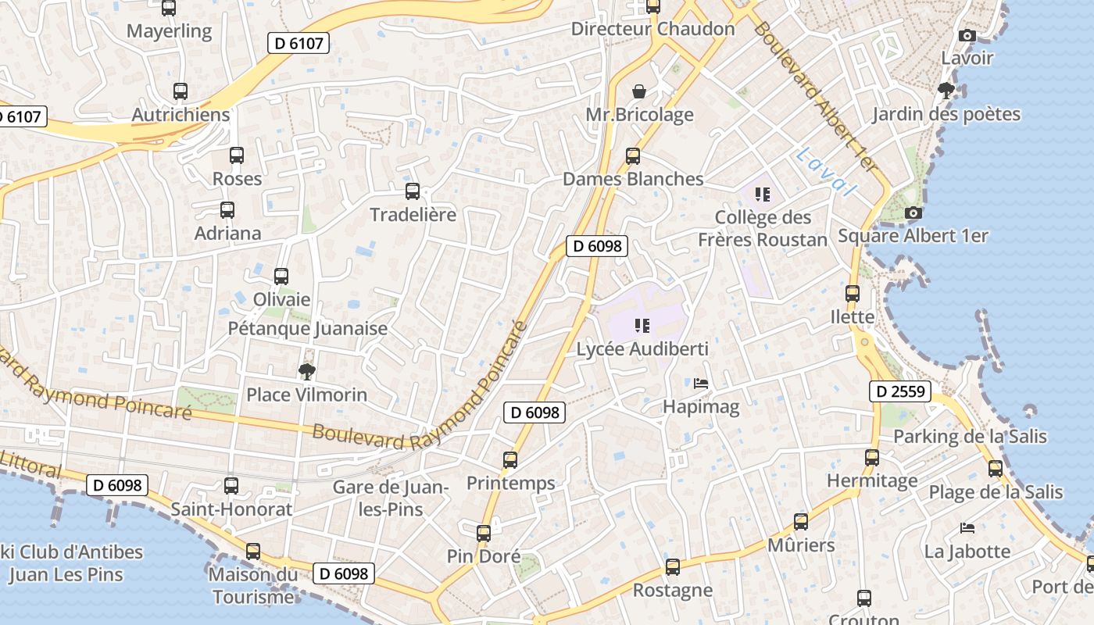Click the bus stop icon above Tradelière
[413, 191]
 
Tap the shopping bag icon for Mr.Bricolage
[639, 91]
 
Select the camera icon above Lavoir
[967, 35]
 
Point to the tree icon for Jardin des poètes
[946, 91]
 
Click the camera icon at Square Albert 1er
[913, 212]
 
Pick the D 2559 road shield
[900, 391]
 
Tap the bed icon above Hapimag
[701, 384]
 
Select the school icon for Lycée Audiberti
[642, 325]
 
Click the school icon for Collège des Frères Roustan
[762, 194]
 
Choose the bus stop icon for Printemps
[510, 460]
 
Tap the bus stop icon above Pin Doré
[484, 534]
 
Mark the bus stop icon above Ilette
[853, 294]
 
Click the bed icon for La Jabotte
[967, 528]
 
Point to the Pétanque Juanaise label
[307, 328]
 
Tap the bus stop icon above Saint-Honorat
[231, 486]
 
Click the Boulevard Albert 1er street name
[816, 98]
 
